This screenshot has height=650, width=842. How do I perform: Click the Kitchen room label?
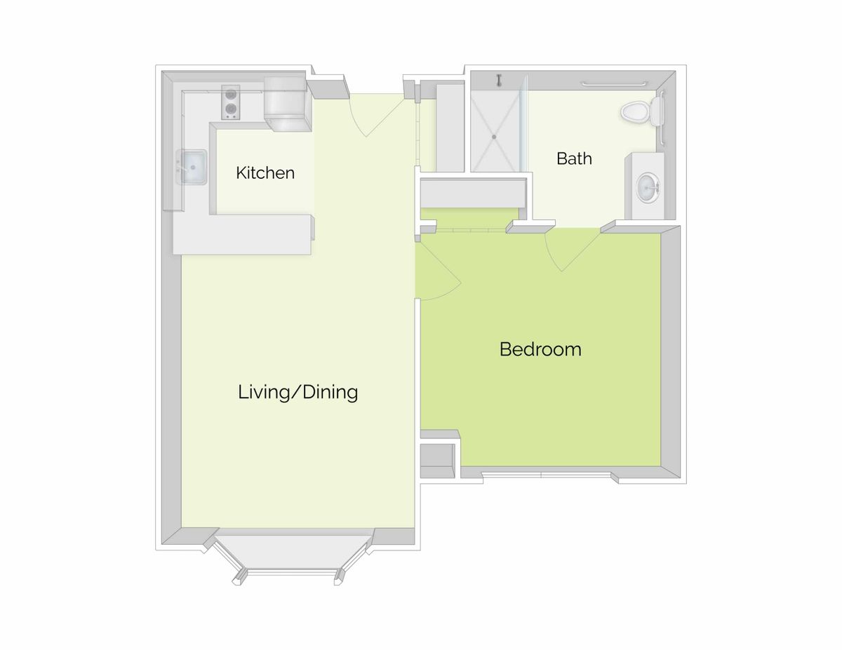[265, 172]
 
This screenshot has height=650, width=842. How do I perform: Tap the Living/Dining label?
[298, 391]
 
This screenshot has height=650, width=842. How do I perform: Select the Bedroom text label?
[540, 348]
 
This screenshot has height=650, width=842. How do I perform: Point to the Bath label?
[574, 158]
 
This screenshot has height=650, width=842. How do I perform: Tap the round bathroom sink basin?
[647, 187]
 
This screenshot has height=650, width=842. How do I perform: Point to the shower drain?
[494, 136]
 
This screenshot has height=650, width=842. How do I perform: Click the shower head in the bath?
[500, 80]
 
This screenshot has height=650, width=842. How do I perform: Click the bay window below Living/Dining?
[290, 557]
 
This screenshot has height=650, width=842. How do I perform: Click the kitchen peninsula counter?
[242, 234]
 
